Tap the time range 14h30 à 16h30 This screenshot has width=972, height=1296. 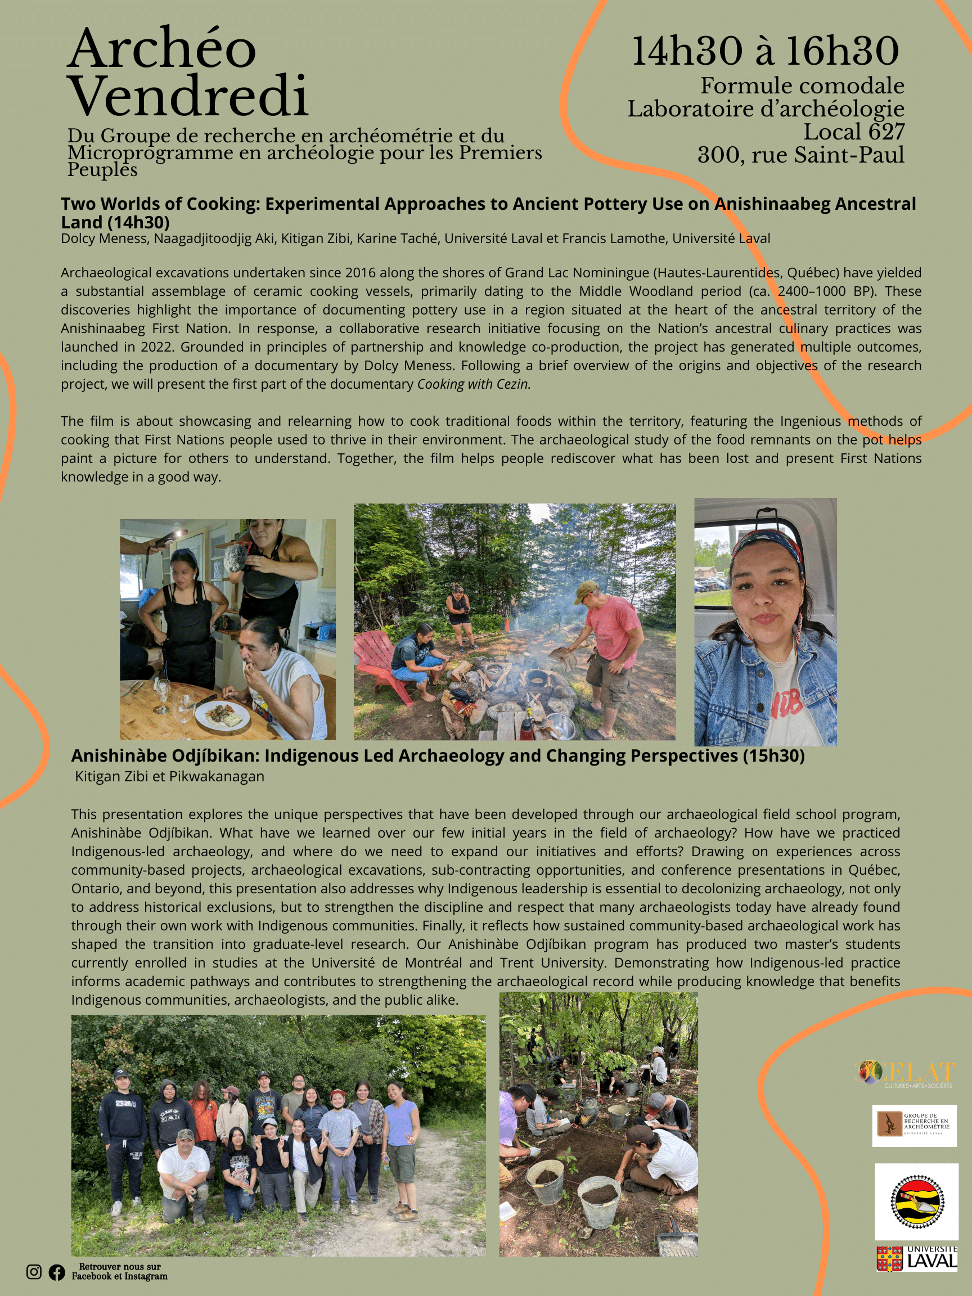(765, 51)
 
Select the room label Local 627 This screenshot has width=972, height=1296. (854, 132)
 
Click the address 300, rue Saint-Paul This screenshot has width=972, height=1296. (800, 155)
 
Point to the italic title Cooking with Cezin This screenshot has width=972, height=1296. (474, 384)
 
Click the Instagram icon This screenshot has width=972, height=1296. (34, 1271)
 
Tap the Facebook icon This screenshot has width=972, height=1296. (57, 1272)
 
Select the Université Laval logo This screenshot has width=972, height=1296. (916, 1259)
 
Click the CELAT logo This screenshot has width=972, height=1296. (905, 1074)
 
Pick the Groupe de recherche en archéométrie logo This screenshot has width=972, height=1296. (914, 1126)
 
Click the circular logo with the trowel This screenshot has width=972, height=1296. (917, 1201)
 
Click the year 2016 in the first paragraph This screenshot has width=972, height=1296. (361, 273)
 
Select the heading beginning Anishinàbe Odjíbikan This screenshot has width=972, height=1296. (438, 756)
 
